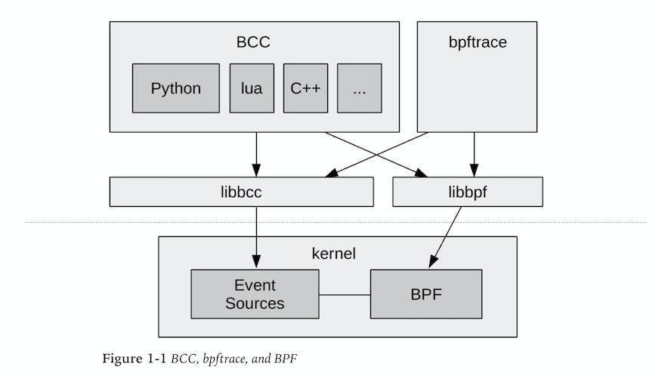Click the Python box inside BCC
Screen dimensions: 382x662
pyautogui.click(x=175, y=88)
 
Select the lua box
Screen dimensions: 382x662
pyautogui.click(x=252, y=88)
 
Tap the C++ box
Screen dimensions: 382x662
pyautogui.click(x=305, y=88)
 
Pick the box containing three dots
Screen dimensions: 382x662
pyautogui.click(x=359, y=88)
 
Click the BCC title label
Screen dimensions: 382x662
pyautogui.click(x=253, y=42)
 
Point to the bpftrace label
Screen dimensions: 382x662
pyautogui.click(x=478, y=42)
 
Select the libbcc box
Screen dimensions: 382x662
pyautogui.click(x=241, y=192)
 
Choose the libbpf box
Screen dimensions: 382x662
pyautogui.click(x=467, y=192)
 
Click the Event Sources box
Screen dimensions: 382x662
pyautogui.click(x=255, y=294)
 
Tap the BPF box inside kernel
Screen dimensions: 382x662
pyautogui.click(x=425, y=294)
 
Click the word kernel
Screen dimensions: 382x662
pyautogui.click(x=337, y=253)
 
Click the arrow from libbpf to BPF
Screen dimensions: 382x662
pyautogui.click(x=446, y=236)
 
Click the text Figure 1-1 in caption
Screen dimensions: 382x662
pyautogui.click(x=134, y=359)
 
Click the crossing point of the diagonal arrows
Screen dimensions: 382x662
pyautogui.click(x=376, y=155)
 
